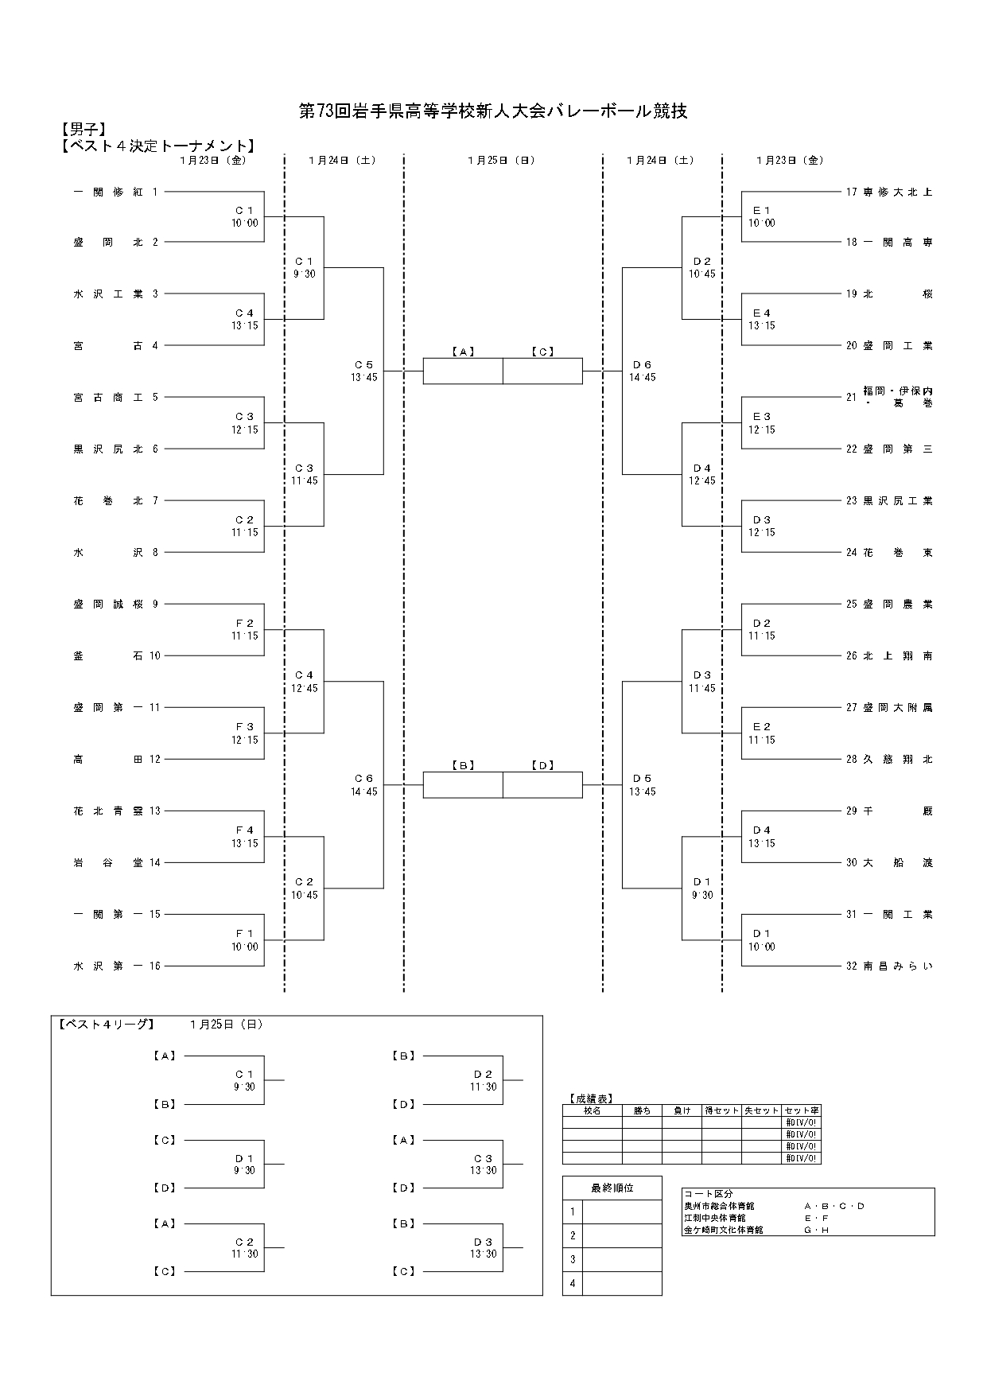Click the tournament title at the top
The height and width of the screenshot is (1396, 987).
click(493, 111)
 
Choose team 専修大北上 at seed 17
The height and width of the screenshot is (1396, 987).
click(897, 192)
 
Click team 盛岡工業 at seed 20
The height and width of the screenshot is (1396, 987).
click(897, 345)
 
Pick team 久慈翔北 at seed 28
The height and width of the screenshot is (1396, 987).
click(897, 759)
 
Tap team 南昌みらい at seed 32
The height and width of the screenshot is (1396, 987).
click(897, 966)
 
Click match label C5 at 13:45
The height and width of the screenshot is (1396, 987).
click(363, 371)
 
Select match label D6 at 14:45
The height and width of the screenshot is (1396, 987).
click(642, 371)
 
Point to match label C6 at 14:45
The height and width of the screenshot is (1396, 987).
click(363, 785)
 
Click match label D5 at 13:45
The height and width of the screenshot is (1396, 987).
click(642, 785)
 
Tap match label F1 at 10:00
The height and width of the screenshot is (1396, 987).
click(245, 940)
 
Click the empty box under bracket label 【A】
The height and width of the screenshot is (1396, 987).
click(463, 371)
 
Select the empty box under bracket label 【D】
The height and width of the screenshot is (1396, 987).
click(542, 785)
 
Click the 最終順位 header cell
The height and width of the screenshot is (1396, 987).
click(612, 1188)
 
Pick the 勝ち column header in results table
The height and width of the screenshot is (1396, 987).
click(642, 1110)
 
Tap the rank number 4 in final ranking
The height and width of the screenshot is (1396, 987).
click(572, 1283)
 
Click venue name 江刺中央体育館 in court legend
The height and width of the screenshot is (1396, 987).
click(715, 1218)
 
